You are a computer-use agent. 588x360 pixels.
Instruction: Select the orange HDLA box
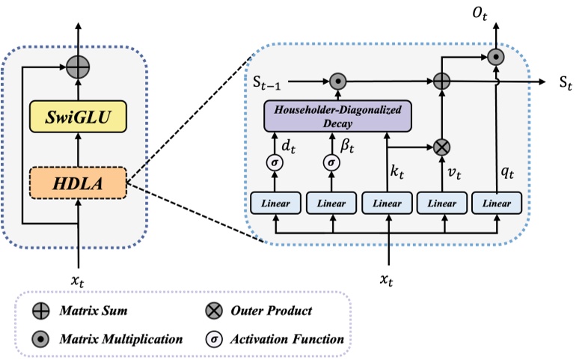77,183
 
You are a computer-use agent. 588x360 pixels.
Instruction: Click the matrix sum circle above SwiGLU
77,67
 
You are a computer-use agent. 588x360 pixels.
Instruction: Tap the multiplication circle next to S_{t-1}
337,80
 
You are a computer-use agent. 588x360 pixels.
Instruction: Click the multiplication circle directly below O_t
494,55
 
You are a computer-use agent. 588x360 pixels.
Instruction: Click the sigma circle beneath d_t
275,162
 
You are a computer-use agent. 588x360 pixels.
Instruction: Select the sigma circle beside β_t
331,162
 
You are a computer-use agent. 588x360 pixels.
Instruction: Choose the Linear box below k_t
387,203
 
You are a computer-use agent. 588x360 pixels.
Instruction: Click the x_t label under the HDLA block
77,280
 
